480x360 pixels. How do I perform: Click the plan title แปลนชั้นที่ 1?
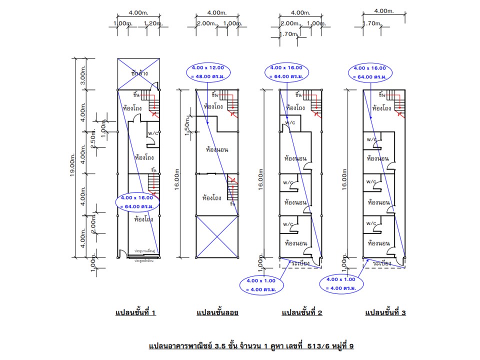click(x=136, y=313)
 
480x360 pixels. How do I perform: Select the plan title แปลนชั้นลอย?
click(x=217, y=313)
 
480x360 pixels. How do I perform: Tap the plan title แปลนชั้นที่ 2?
click(x=302, y=313)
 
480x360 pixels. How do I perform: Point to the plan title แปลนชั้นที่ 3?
click(x=385, y=313)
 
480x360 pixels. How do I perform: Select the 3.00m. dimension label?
click(x=83, y=75)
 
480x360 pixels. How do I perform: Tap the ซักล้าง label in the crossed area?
click(x=140, y=73)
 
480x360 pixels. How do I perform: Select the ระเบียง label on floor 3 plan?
click(x=382, y=262)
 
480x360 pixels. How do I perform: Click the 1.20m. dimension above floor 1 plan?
click(x=153, y=23)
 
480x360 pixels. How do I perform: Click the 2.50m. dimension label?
click(x=93, y=139)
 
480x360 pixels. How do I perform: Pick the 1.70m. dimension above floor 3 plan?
click(x=371, y=23)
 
